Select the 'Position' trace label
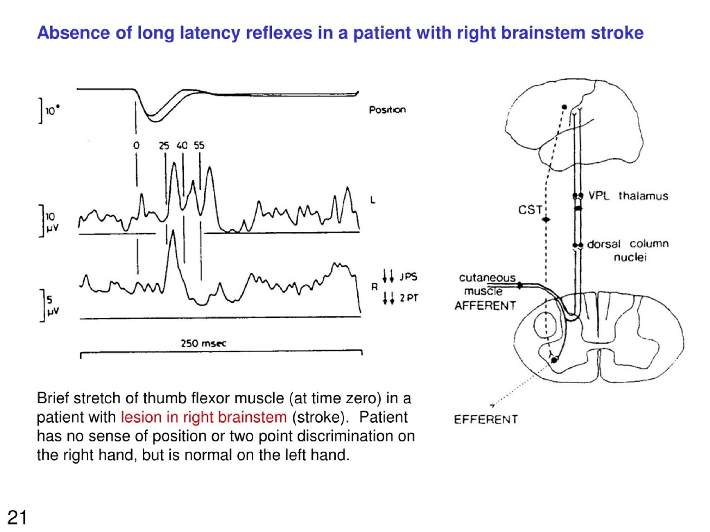[387, 110]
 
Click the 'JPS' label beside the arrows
[409, 277]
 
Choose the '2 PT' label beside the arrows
[409, 298]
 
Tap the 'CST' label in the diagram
[530, 210]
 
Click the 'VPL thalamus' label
[628, 196]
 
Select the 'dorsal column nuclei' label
[628, 250]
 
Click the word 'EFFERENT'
[486, 420]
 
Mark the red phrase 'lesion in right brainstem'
[204, 417]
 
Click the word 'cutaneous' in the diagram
[487, 278]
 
